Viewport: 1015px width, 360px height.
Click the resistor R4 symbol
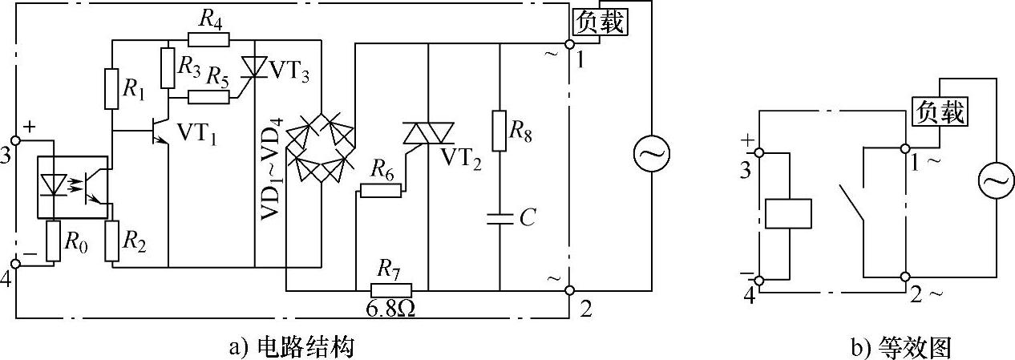pos(208,39)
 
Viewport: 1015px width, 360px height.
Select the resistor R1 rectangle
pos(111,89)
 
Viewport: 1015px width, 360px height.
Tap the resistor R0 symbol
pos(53,241)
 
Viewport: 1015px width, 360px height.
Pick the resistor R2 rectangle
pos(112,240)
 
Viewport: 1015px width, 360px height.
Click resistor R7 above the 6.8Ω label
pos(391,289)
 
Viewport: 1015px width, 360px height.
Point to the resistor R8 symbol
pos(499,131)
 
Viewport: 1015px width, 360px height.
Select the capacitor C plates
pos(499,219)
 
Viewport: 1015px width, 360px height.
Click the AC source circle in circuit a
pos(651,155)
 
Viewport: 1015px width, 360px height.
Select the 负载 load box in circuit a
pos(599,22)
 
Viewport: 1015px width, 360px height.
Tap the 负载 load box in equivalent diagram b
pos(940,111)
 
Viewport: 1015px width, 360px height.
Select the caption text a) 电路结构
pos(292,346)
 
